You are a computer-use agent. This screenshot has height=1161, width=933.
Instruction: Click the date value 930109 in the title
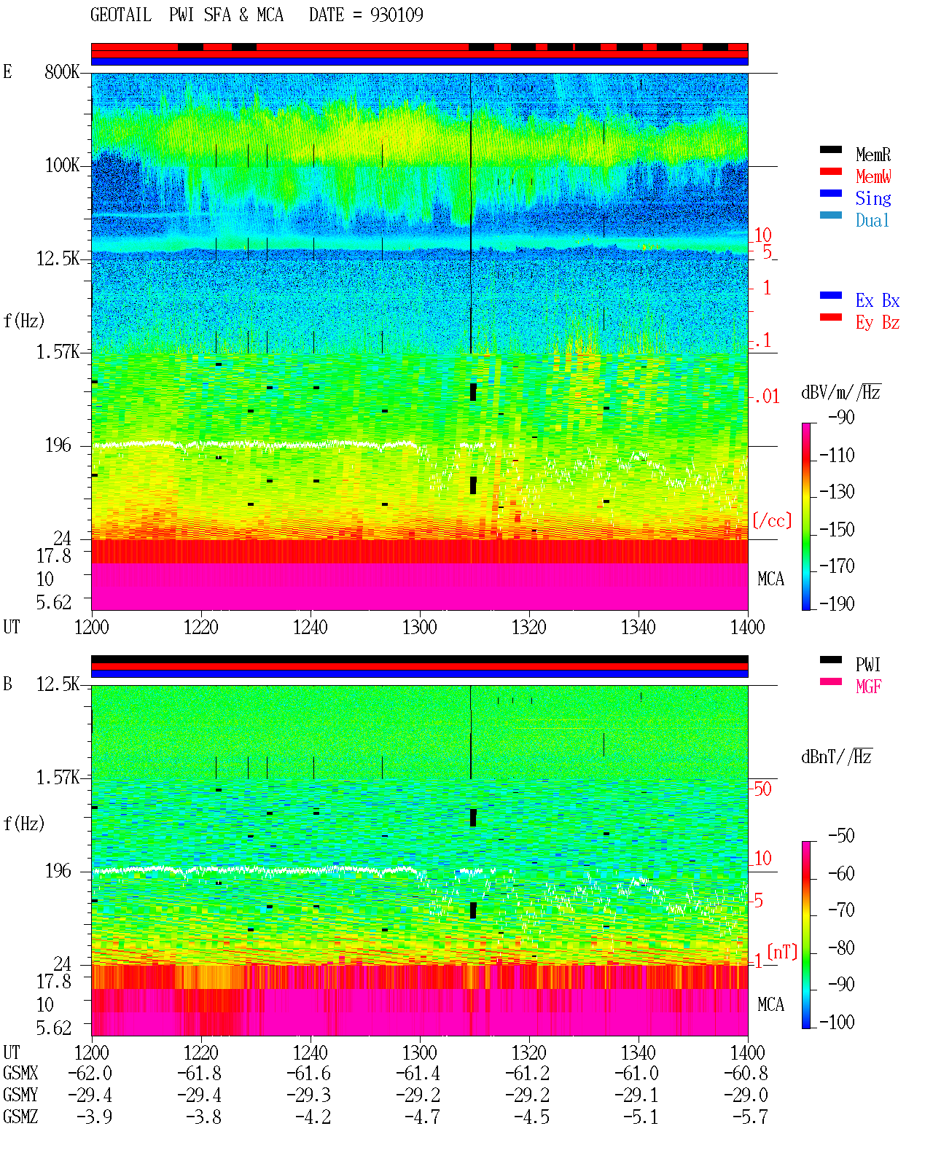tap(396, 15)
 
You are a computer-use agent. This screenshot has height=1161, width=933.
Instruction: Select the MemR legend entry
tap(873, 155)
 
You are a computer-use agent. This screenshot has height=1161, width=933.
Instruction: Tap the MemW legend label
tap(873, 176)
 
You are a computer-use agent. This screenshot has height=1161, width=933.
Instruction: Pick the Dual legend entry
tap(872, 220)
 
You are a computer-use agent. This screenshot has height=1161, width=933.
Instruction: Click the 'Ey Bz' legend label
tap(877, 322)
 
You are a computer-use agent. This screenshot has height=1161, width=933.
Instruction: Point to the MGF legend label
tap(868, 687)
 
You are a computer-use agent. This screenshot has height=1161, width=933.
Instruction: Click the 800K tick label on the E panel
tap(62, 71)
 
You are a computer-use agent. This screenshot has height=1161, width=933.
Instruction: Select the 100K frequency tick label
tap(62, 165)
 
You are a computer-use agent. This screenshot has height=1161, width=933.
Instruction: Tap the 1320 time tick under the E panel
tap(529, 627)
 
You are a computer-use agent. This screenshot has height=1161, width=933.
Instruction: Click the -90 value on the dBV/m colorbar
tap(841, 417)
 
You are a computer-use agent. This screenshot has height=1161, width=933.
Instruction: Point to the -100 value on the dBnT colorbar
tap(837, 1021)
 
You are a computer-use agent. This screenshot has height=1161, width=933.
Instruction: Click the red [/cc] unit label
tap(772, 520)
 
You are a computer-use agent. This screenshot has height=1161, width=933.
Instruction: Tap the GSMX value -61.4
tap(418, 1073)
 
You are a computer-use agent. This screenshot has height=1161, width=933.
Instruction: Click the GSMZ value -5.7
tap(750, 1117)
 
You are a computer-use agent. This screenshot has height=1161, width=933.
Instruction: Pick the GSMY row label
tap(20, 1095)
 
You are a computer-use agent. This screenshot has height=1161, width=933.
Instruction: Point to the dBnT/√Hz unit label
tap(837, 757)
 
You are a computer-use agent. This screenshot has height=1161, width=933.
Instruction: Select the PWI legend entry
tap(867, 664)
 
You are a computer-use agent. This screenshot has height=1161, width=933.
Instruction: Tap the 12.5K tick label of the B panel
tap(58, 684)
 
